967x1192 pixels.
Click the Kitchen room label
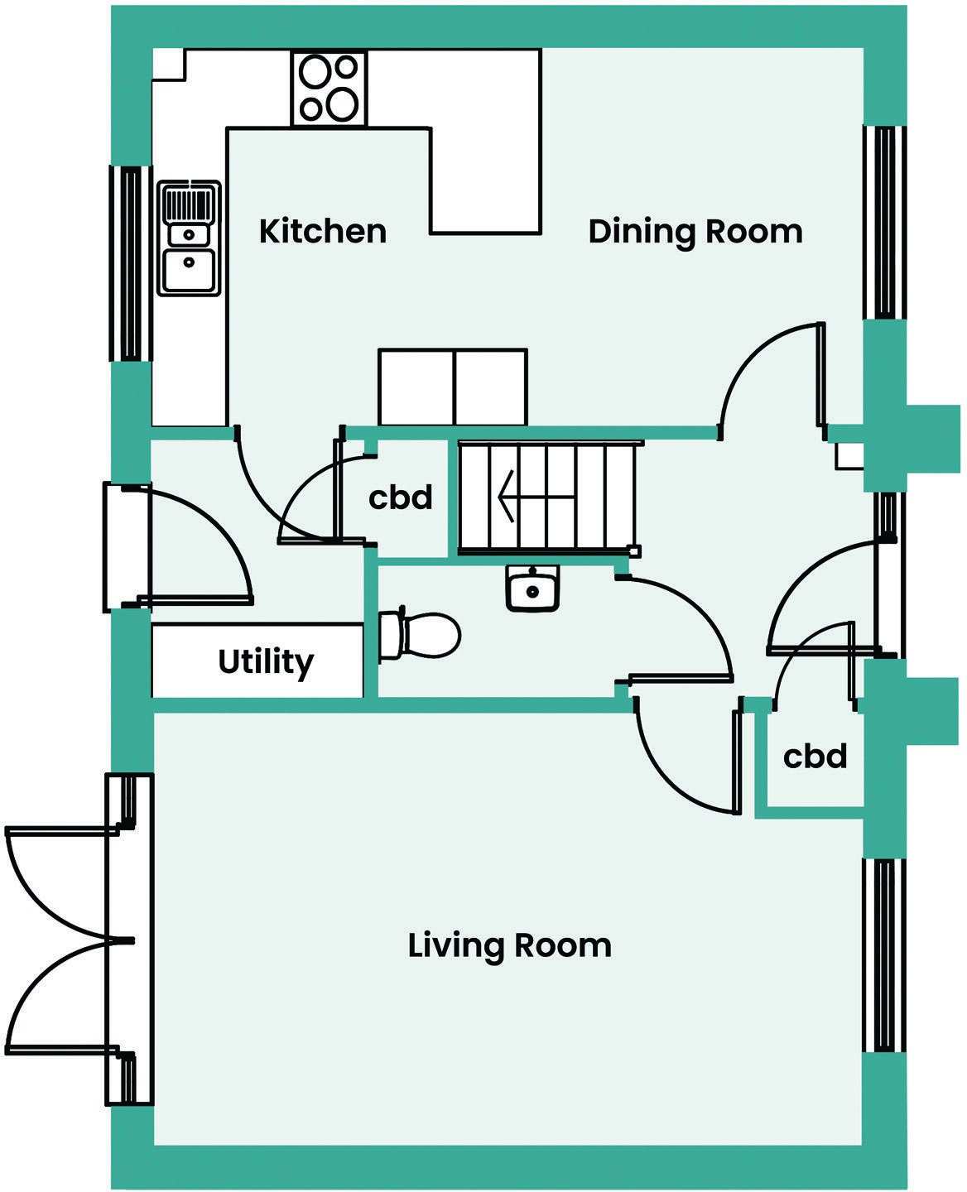[322, 231]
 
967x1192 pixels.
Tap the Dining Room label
[695, 231]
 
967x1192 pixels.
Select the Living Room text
[509, 944]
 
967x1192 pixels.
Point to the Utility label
[266, 661]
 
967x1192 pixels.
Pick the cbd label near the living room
[815, 756]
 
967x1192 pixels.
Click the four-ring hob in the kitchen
[329, 89]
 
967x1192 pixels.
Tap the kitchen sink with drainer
[190, 238]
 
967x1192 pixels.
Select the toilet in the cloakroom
[420, 635]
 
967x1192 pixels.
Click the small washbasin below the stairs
[532, 589]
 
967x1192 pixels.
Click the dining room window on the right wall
[884, 222]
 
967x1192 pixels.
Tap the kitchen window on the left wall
[131, 263]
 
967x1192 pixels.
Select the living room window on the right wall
[883, 955]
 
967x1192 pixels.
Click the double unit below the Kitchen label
[453, 387]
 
